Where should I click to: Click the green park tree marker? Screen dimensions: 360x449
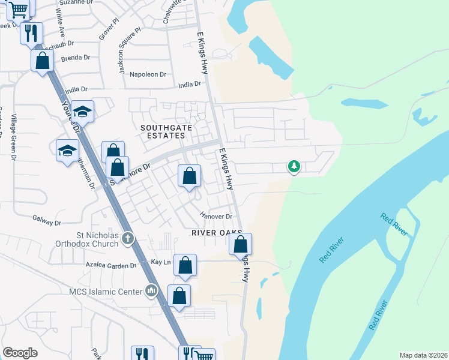click(294, 166)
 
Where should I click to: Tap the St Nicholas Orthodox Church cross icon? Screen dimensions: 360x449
click(127, 239)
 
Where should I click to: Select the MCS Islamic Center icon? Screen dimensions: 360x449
click(151, 292)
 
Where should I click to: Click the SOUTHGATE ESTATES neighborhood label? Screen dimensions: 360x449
click(163, 131)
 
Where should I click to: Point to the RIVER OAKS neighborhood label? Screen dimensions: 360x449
click(216, 232)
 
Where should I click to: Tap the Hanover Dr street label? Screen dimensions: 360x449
click(216, 216)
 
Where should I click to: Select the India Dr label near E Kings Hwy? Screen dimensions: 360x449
click(189, 85)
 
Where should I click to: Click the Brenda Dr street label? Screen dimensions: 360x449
click(76, 58)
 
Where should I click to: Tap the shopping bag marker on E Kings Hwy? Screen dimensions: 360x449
click(240, 245)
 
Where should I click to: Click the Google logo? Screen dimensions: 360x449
click(20, 353)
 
